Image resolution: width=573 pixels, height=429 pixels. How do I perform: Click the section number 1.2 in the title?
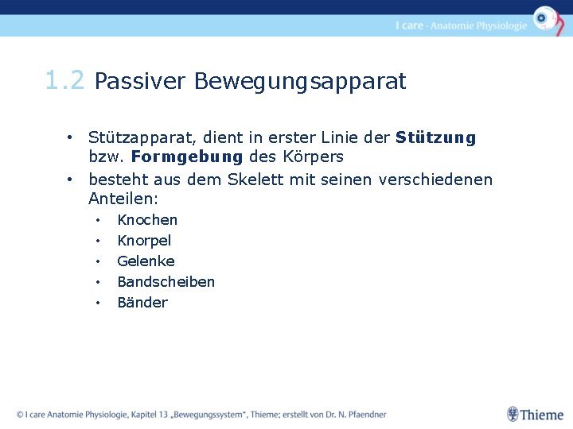click(x=65, y=81)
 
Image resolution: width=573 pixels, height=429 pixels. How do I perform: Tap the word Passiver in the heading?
click(x=140, y=82)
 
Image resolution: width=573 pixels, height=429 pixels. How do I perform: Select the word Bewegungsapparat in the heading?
click(x=300, y=82)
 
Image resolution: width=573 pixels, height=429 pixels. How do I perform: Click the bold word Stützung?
click(x=435, y=137)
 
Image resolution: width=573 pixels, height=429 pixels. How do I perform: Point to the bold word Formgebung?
click(x=187, y=157)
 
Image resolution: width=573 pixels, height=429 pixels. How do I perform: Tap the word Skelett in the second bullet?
click(x=255, y=180)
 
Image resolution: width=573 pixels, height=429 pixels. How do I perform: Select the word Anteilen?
click(x=123, y=199)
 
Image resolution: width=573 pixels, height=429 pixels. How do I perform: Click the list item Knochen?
click(x=147, y=220)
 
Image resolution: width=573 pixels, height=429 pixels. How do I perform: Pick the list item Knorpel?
click(x=144, y=241)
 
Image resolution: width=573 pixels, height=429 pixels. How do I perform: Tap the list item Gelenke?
click(x=146, y=261)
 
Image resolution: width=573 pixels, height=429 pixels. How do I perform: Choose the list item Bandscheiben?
click(x=166, y=282)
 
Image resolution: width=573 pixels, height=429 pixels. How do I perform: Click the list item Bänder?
click(x=142, y=303)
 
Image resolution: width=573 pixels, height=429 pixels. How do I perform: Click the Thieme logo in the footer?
click(x=535, y=415)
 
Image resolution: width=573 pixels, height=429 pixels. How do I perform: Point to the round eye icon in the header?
click(x=545, y=18)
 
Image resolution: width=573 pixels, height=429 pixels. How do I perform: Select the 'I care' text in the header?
click(x=409, y=25)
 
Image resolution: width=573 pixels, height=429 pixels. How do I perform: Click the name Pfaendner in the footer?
click(x=363, y=415)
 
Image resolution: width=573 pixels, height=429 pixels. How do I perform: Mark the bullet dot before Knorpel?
click(x=97, y=241)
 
